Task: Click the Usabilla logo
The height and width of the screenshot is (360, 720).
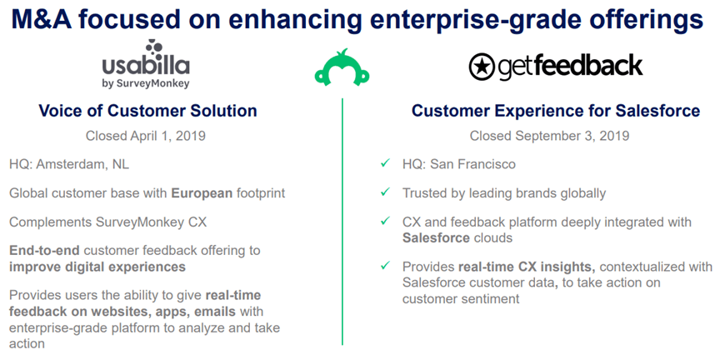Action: click(x=146, y=64)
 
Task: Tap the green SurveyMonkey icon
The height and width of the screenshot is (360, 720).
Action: click(x=342, y=67)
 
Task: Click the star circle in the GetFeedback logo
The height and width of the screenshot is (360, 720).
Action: click(x=481, y=67)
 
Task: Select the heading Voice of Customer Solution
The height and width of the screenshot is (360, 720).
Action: click(x=147, y=111)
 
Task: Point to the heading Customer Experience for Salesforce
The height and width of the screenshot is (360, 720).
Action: click(x=556, y=111)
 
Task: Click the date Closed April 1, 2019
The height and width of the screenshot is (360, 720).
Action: click(x=146, y=136)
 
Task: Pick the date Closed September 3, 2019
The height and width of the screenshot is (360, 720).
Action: click(x=549, y=136)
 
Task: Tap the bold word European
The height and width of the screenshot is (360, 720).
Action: click(x=202, y=193)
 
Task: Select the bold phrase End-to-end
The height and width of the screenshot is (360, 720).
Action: click(x=45, y=251)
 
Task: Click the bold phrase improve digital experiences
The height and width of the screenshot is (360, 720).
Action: click(x=97, y=267)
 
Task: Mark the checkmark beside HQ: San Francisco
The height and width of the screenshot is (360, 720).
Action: click(x=385, y=163)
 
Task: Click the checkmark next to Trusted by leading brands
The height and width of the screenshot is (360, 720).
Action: click(x=385, y=192)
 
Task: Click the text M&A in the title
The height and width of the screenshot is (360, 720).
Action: click(x=42, y=20)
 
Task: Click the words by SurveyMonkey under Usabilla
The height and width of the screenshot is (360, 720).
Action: click(x=146, y=83)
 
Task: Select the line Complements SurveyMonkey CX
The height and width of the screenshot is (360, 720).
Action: click(x=107, y=222)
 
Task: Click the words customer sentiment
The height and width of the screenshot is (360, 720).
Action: click(x=461, y=299)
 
